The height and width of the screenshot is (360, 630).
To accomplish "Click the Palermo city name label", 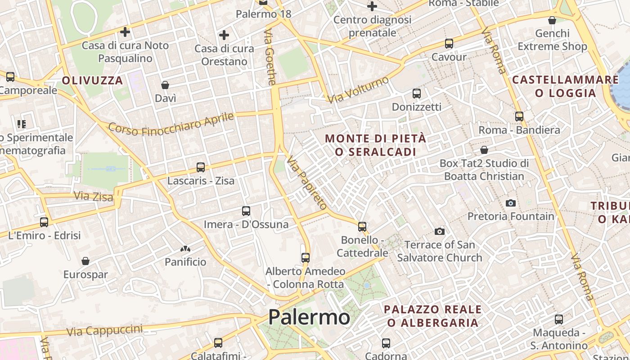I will pos(309,317).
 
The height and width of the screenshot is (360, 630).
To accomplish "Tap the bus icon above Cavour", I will pos(449,44).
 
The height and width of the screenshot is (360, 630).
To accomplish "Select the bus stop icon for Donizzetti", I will pos(417,94).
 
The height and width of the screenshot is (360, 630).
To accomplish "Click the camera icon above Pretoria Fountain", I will pos(510,203).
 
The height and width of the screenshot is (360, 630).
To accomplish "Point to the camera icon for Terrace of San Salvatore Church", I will pos(440,231).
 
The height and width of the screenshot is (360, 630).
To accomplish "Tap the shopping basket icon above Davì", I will pos(165,85).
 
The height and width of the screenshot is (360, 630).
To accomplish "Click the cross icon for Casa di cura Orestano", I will pos(224,35).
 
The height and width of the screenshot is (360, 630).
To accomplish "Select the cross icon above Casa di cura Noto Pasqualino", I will pos(125,32).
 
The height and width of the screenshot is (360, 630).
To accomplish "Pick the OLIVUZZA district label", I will pos(92,81).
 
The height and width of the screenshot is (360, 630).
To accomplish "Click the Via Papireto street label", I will pos(307,183).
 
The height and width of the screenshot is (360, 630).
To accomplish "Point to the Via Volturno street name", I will pos(358,90).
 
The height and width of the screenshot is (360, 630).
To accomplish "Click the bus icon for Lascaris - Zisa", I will pos(201,167).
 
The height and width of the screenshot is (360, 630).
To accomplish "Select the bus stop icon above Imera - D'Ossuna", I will pos(246,211).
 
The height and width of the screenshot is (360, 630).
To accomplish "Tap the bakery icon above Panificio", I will pos(185,248).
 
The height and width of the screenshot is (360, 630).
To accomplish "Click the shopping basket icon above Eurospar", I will pos(85,261).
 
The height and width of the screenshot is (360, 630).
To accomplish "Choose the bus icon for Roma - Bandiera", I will pos(519,116).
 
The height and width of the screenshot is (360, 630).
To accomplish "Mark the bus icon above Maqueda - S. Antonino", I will pos(559,319).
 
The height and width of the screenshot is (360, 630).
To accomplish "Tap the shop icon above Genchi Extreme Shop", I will pos(552,20).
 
